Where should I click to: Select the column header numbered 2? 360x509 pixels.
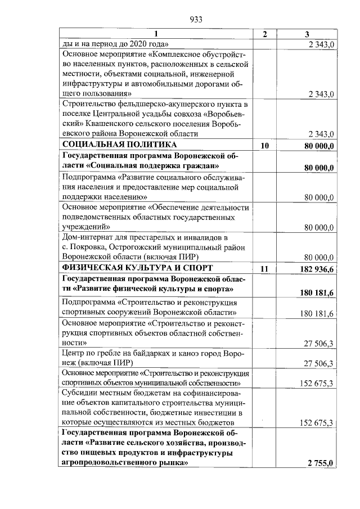(x=265, y=34)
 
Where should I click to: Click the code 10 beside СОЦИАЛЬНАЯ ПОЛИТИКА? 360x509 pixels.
(x=265, y=146)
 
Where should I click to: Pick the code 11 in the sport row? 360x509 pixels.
(x=265, y=269)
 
